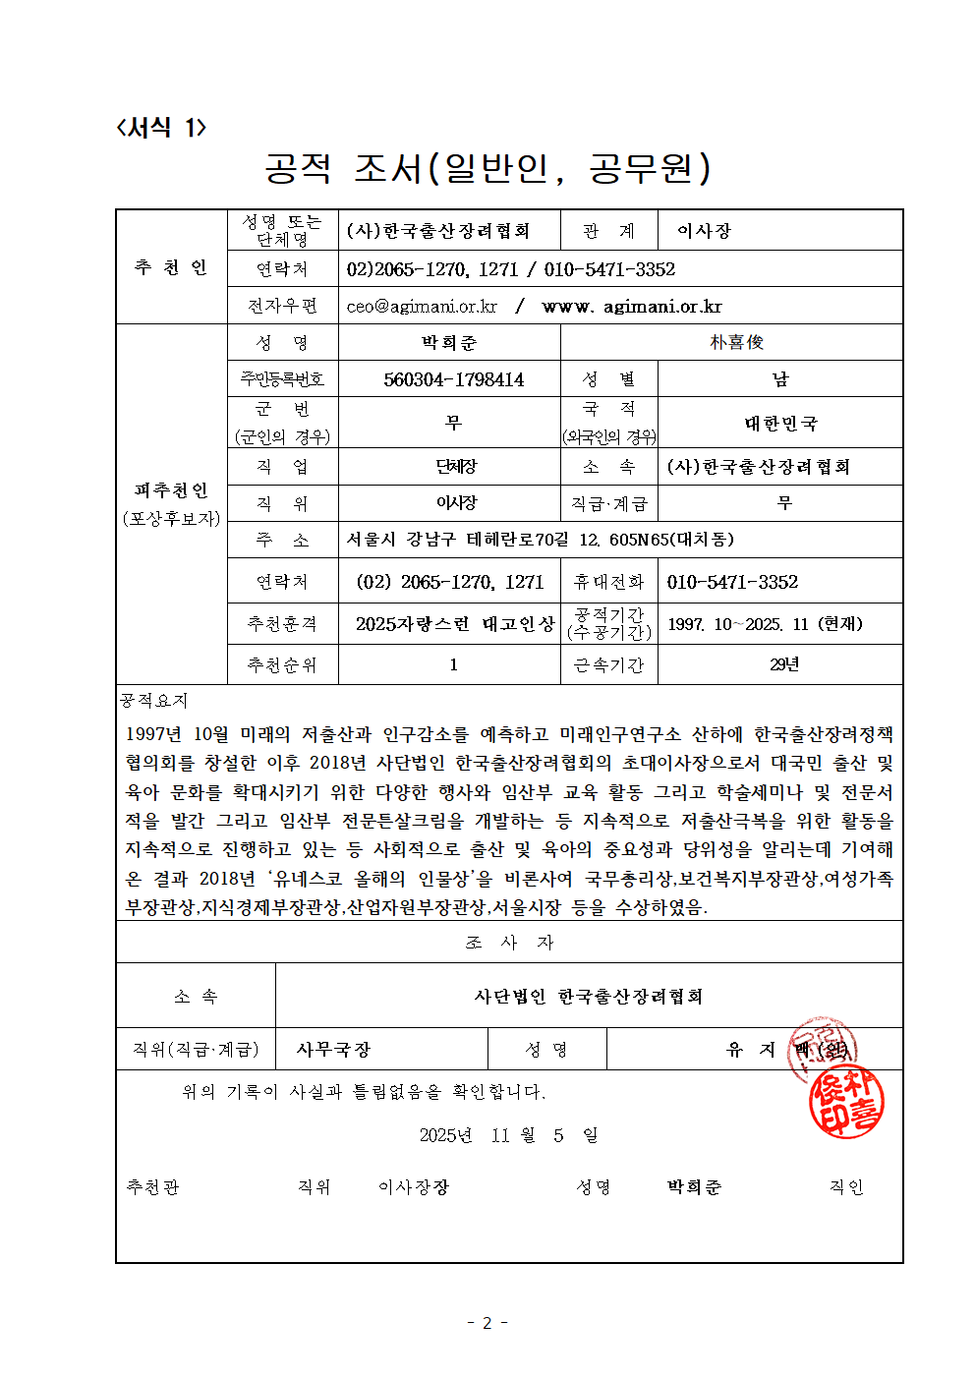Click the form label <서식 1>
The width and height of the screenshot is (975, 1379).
coord(161,128)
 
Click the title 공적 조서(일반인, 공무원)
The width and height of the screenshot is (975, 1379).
coord(487,168)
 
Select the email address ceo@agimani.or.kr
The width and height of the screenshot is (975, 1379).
coord(422,307)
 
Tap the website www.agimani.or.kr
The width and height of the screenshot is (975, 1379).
coord(632,307)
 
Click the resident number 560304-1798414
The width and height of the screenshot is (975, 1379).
coord(453,379)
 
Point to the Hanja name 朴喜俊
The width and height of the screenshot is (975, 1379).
coord(736,342)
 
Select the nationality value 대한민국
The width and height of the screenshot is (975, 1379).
coord(780,424)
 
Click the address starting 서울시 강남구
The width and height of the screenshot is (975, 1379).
coord(541,540)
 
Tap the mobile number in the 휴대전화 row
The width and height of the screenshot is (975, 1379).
coord(732,582)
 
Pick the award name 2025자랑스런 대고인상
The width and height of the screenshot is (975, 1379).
coord(454,624)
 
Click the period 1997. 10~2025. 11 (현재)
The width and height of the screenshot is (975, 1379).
coord(765,624)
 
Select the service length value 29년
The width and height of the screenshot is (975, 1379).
coord(783,664)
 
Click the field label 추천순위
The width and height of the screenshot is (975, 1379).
coord(282,665)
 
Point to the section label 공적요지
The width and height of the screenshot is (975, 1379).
coord(154,700)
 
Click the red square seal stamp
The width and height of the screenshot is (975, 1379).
coord(846,1103)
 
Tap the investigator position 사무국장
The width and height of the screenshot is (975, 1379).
coord(333,1050)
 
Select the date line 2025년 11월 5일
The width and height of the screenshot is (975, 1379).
coord(508,1135)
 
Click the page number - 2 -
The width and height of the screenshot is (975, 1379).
coord(487,1323)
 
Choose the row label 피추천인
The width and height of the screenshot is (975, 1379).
coord(171,490)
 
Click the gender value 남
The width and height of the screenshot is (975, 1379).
coord(780,379)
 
